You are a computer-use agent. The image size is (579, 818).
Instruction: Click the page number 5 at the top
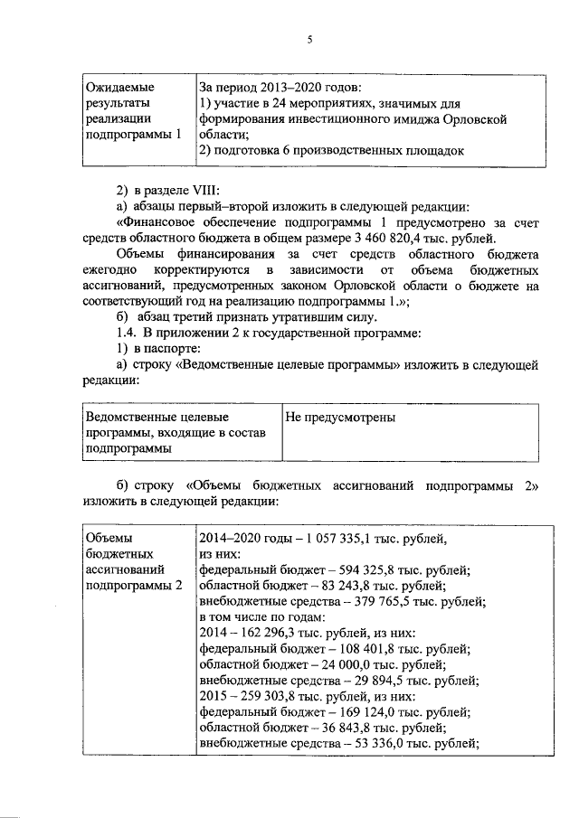click(310, 40)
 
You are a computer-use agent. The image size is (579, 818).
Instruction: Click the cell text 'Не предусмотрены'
click(340, 418)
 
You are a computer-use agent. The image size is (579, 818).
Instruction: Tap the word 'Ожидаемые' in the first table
click(119, 88)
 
